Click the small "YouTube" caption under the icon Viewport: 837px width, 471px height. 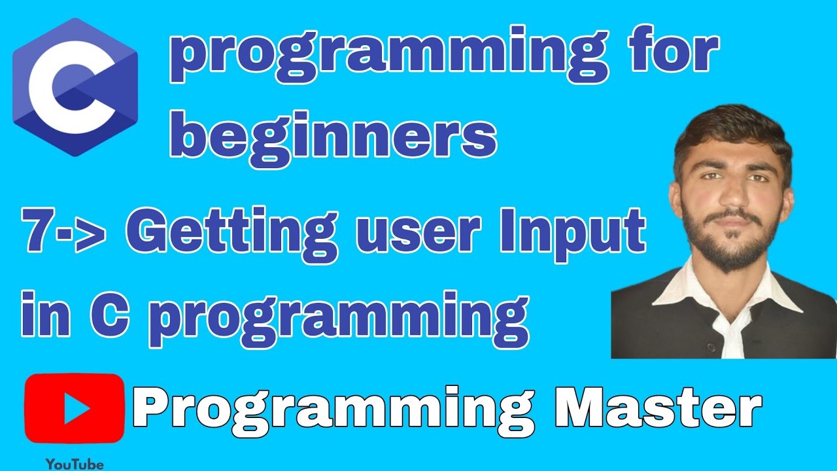74,464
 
